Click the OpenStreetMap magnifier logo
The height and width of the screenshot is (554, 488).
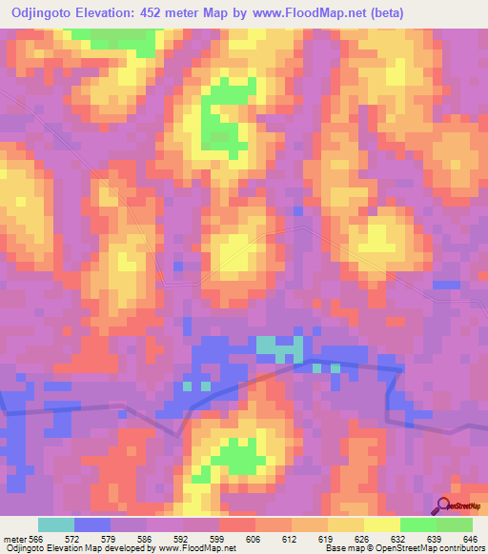(443, 505)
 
